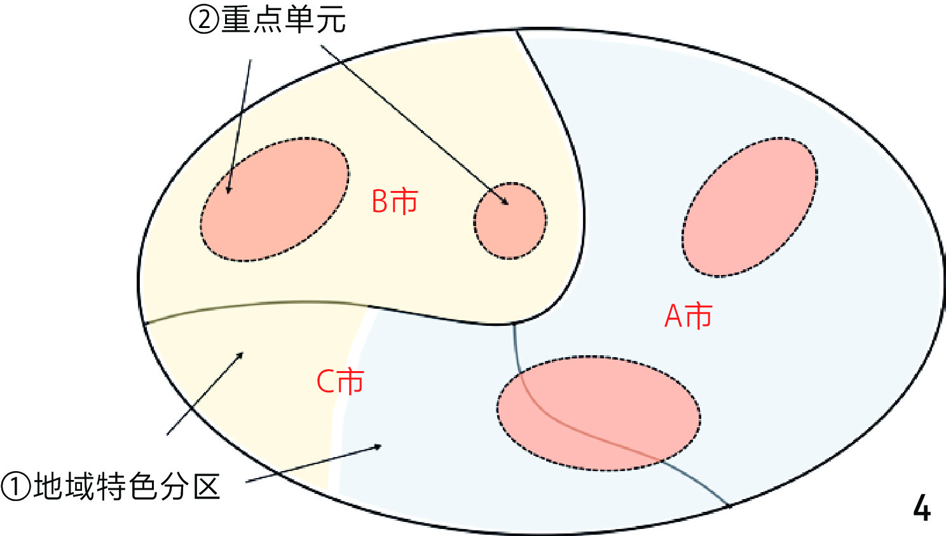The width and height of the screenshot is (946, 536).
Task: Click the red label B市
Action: (x=394, y=201)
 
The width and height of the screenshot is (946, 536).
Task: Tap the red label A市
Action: (x=688, y=316)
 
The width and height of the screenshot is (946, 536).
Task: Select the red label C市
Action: (x=340, y=381)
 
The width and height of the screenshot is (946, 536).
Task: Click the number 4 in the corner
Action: (x=921, y=508)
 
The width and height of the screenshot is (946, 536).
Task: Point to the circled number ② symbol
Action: (x=205, y=20)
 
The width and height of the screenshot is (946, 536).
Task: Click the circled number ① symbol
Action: (x=16, y=486)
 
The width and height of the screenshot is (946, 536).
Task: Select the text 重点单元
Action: (x=284, y=20)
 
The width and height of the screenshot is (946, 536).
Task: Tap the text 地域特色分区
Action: (x=127, y=486)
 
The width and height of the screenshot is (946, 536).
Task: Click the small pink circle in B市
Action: (x=510, y=221)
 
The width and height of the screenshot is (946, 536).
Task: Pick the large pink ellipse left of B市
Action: (x=275, y=199)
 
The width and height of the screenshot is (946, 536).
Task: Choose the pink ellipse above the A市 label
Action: (x=749, y=207)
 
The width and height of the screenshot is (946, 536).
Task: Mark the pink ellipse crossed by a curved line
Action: (x=599, y=413)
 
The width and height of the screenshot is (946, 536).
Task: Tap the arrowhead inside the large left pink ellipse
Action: (x=228, y=188)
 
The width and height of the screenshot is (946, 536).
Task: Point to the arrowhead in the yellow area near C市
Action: (x=240, y=355)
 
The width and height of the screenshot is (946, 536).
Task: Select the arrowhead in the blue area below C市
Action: (x=377, y=447)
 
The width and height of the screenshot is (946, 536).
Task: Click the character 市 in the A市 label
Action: (x=699, y=316)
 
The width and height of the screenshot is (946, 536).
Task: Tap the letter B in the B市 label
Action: (x=380, y=202)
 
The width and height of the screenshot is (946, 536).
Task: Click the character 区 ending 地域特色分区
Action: (x=207, y=486)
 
